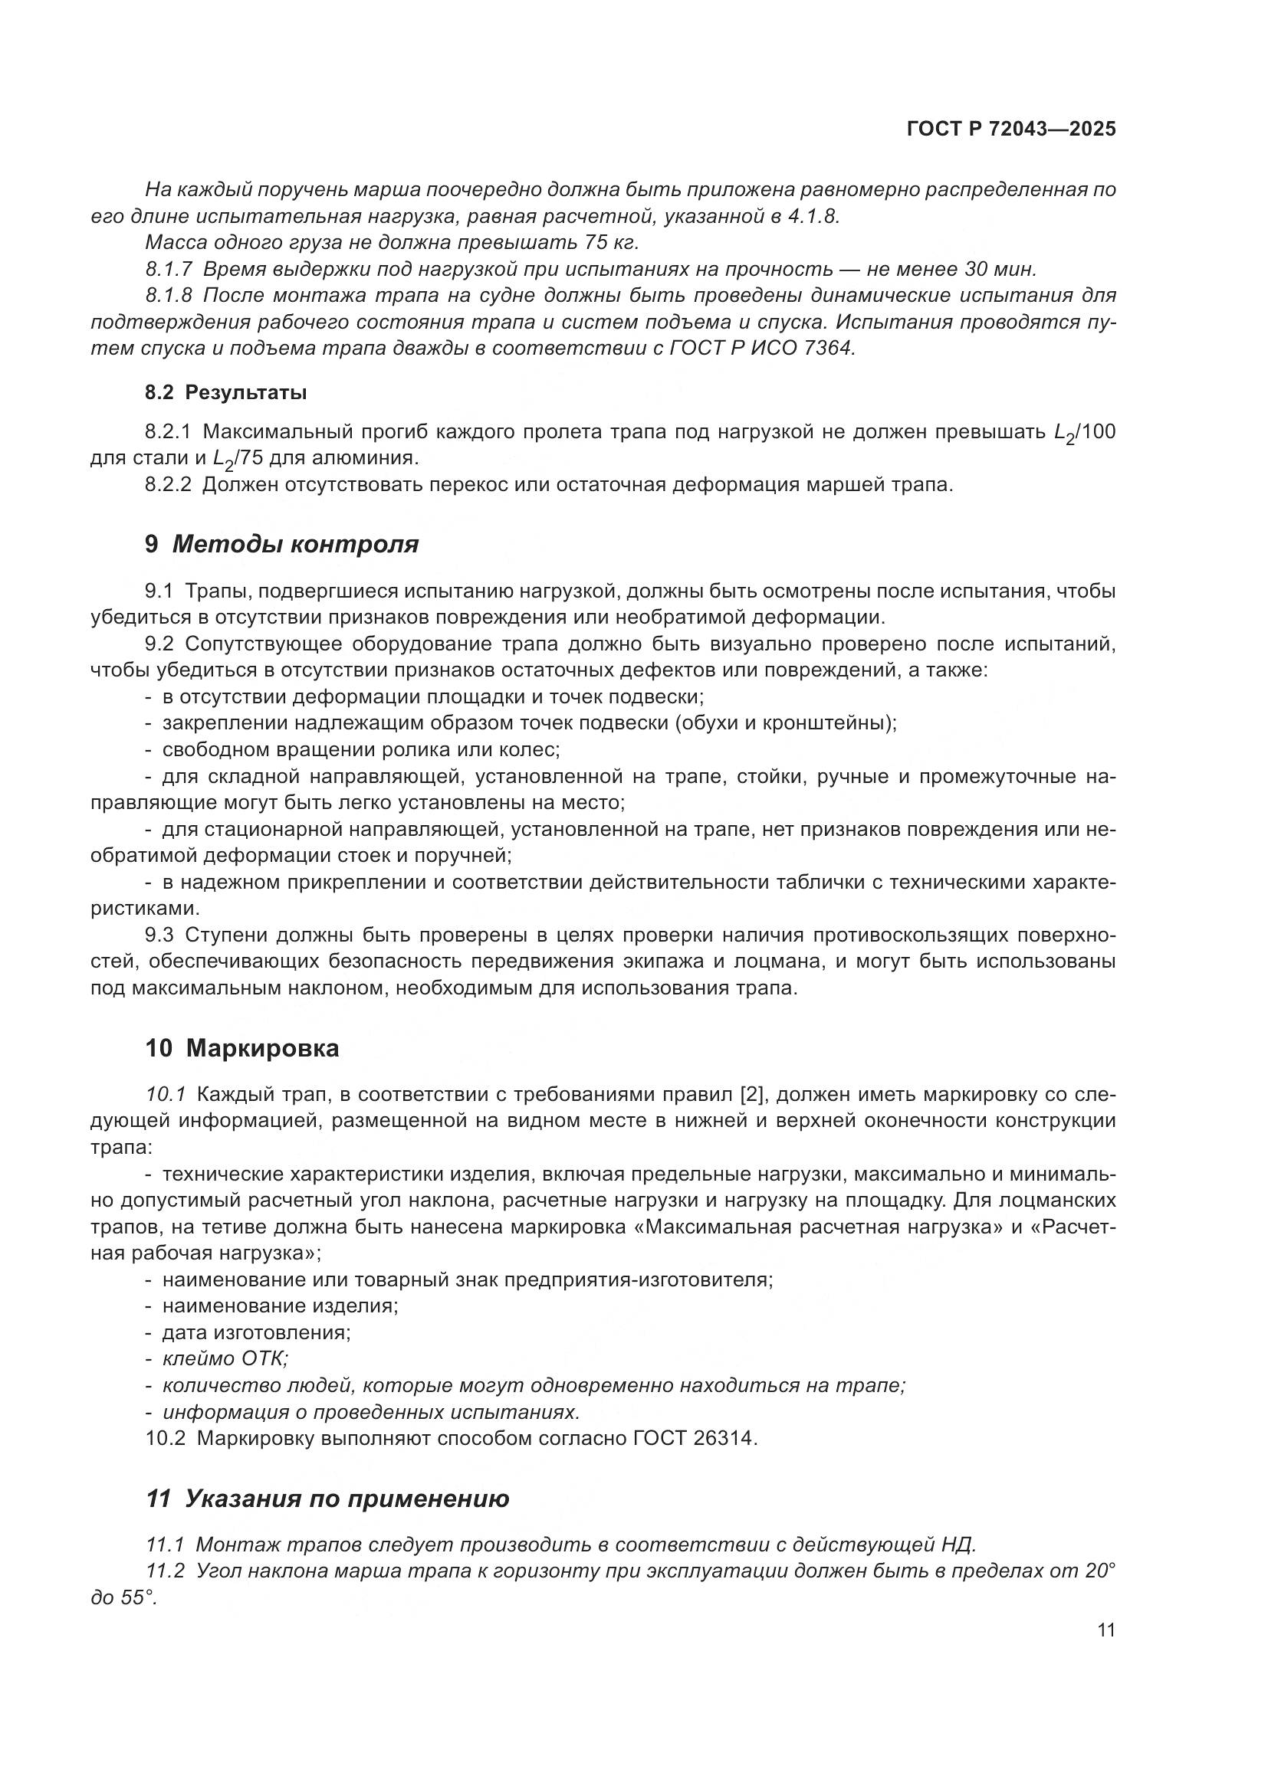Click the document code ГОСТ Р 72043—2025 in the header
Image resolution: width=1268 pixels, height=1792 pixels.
[x=1011, y=129]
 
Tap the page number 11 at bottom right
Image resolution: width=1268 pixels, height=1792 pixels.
[x=1105, y=1630]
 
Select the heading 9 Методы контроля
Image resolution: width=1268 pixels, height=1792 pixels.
[x=282, y=544]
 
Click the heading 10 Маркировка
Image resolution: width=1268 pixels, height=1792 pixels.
[x=242, y=1048]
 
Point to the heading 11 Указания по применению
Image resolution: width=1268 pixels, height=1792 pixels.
[x=328, y=1499]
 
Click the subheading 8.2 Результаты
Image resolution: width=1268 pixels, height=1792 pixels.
[x=225, y=392]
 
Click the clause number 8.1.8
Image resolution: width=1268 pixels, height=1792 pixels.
[x=169, y=296]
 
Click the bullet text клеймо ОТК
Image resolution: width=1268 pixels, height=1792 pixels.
[x=225, y=1358]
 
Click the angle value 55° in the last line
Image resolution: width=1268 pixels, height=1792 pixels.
[x=137, y=1597]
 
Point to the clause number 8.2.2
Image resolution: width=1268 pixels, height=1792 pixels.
[x=168, y=485]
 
